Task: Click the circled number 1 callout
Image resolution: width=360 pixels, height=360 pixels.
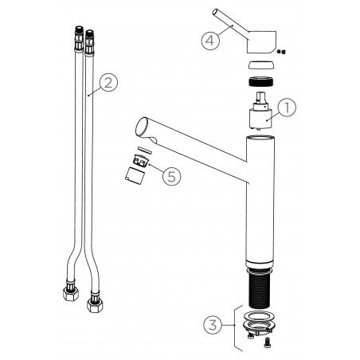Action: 287,108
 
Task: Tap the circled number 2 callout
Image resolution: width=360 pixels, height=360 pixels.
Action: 108,83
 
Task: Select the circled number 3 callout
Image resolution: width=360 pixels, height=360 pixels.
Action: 213,325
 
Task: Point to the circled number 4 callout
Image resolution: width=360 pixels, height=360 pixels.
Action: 210,41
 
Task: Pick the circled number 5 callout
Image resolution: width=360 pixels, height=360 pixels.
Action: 172,176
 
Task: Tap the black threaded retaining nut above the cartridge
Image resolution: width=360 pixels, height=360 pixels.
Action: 260,81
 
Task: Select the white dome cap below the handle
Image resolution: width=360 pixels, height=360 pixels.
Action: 261,65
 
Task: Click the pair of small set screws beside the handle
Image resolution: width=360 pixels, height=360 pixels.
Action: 281,52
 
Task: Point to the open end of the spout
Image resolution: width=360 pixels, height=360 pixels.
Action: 143,127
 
